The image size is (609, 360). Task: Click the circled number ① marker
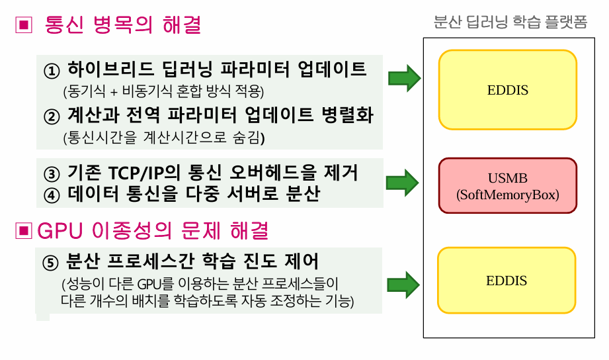[x=52, y=71]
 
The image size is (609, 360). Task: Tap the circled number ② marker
[x=52, y=116]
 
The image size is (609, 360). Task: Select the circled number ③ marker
[x=52, y=174]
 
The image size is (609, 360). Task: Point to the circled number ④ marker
[x=52, y=195]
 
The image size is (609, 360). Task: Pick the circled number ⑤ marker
[x=50, y=263]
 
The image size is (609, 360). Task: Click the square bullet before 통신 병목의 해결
[x=24, y=25]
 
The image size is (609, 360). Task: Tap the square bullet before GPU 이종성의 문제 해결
[x=24, y=231]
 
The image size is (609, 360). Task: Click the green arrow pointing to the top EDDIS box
[x=404, y=78]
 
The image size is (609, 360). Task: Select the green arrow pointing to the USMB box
[x=403, y=183]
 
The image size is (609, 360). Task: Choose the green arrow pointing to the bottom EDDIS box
[x=403, y=285]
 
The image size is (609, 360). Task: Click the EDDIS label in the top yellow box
[x=508, y=90]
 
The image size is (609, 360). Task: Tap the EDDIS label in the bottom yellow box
[x=507, y=281]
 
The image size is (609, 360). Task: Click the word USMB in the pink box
[x=508, y=178]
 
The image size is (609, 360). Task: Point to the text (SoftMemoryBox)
[x=508, y=195]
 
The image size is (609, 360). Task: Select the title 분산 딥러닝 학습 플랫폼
[x=510, y=22]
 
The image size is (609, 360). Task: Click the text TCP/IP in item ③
[x=136, y=173]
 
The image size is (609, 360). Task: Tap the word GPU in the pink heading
[x=60, y=231]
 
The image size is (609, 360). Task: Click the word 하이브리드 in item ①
[x=110, y=69]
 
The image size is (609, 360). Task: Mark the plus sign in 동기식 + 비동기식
[x=114, y=92]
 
